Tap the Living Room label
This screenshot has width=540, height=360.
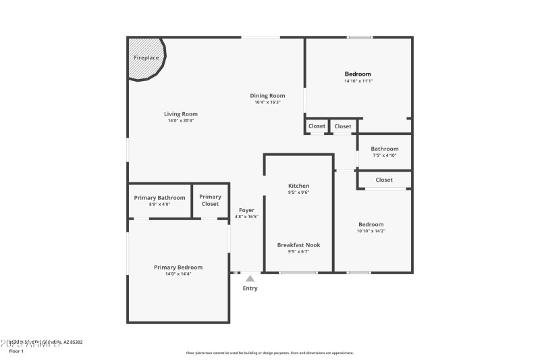pos(180,114)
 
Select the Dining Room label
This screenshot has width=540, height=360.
pos(268,96)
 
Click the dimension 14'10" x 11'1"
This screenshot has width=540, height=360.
pos(358,81)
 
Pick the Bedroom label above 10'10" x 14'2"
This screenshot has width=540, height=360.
pos(371,224)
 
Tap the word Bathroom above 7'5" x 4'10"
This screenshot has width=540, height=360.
pos(384,149)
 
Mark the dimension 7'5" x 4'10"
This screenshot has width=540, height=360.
pos(384,155)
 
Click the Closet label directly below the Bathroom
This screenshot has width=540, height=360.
pos(384,180)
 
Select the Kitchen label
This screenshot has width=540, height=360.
pos(298,186)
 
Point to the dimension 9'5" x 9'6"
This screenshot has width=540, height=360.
pos(298,192)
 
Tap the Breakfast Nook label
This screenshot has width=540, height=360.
pos(298,245)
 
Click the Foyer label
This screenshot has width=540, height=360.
pos(246,210)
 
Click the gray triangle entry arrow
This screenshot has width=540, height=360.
pos(250,278)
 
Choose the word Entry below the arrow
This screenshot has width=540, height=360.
pos(250,288)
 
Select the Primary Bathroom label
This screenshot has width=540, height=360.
pos(159,197)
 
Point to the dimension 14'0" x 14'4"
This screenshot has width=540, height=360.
pos(178,274)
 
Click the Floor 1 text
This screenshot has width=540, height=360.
pos(16,351)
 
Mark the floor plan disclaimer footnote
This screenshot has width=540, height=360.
pos(269,353)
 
